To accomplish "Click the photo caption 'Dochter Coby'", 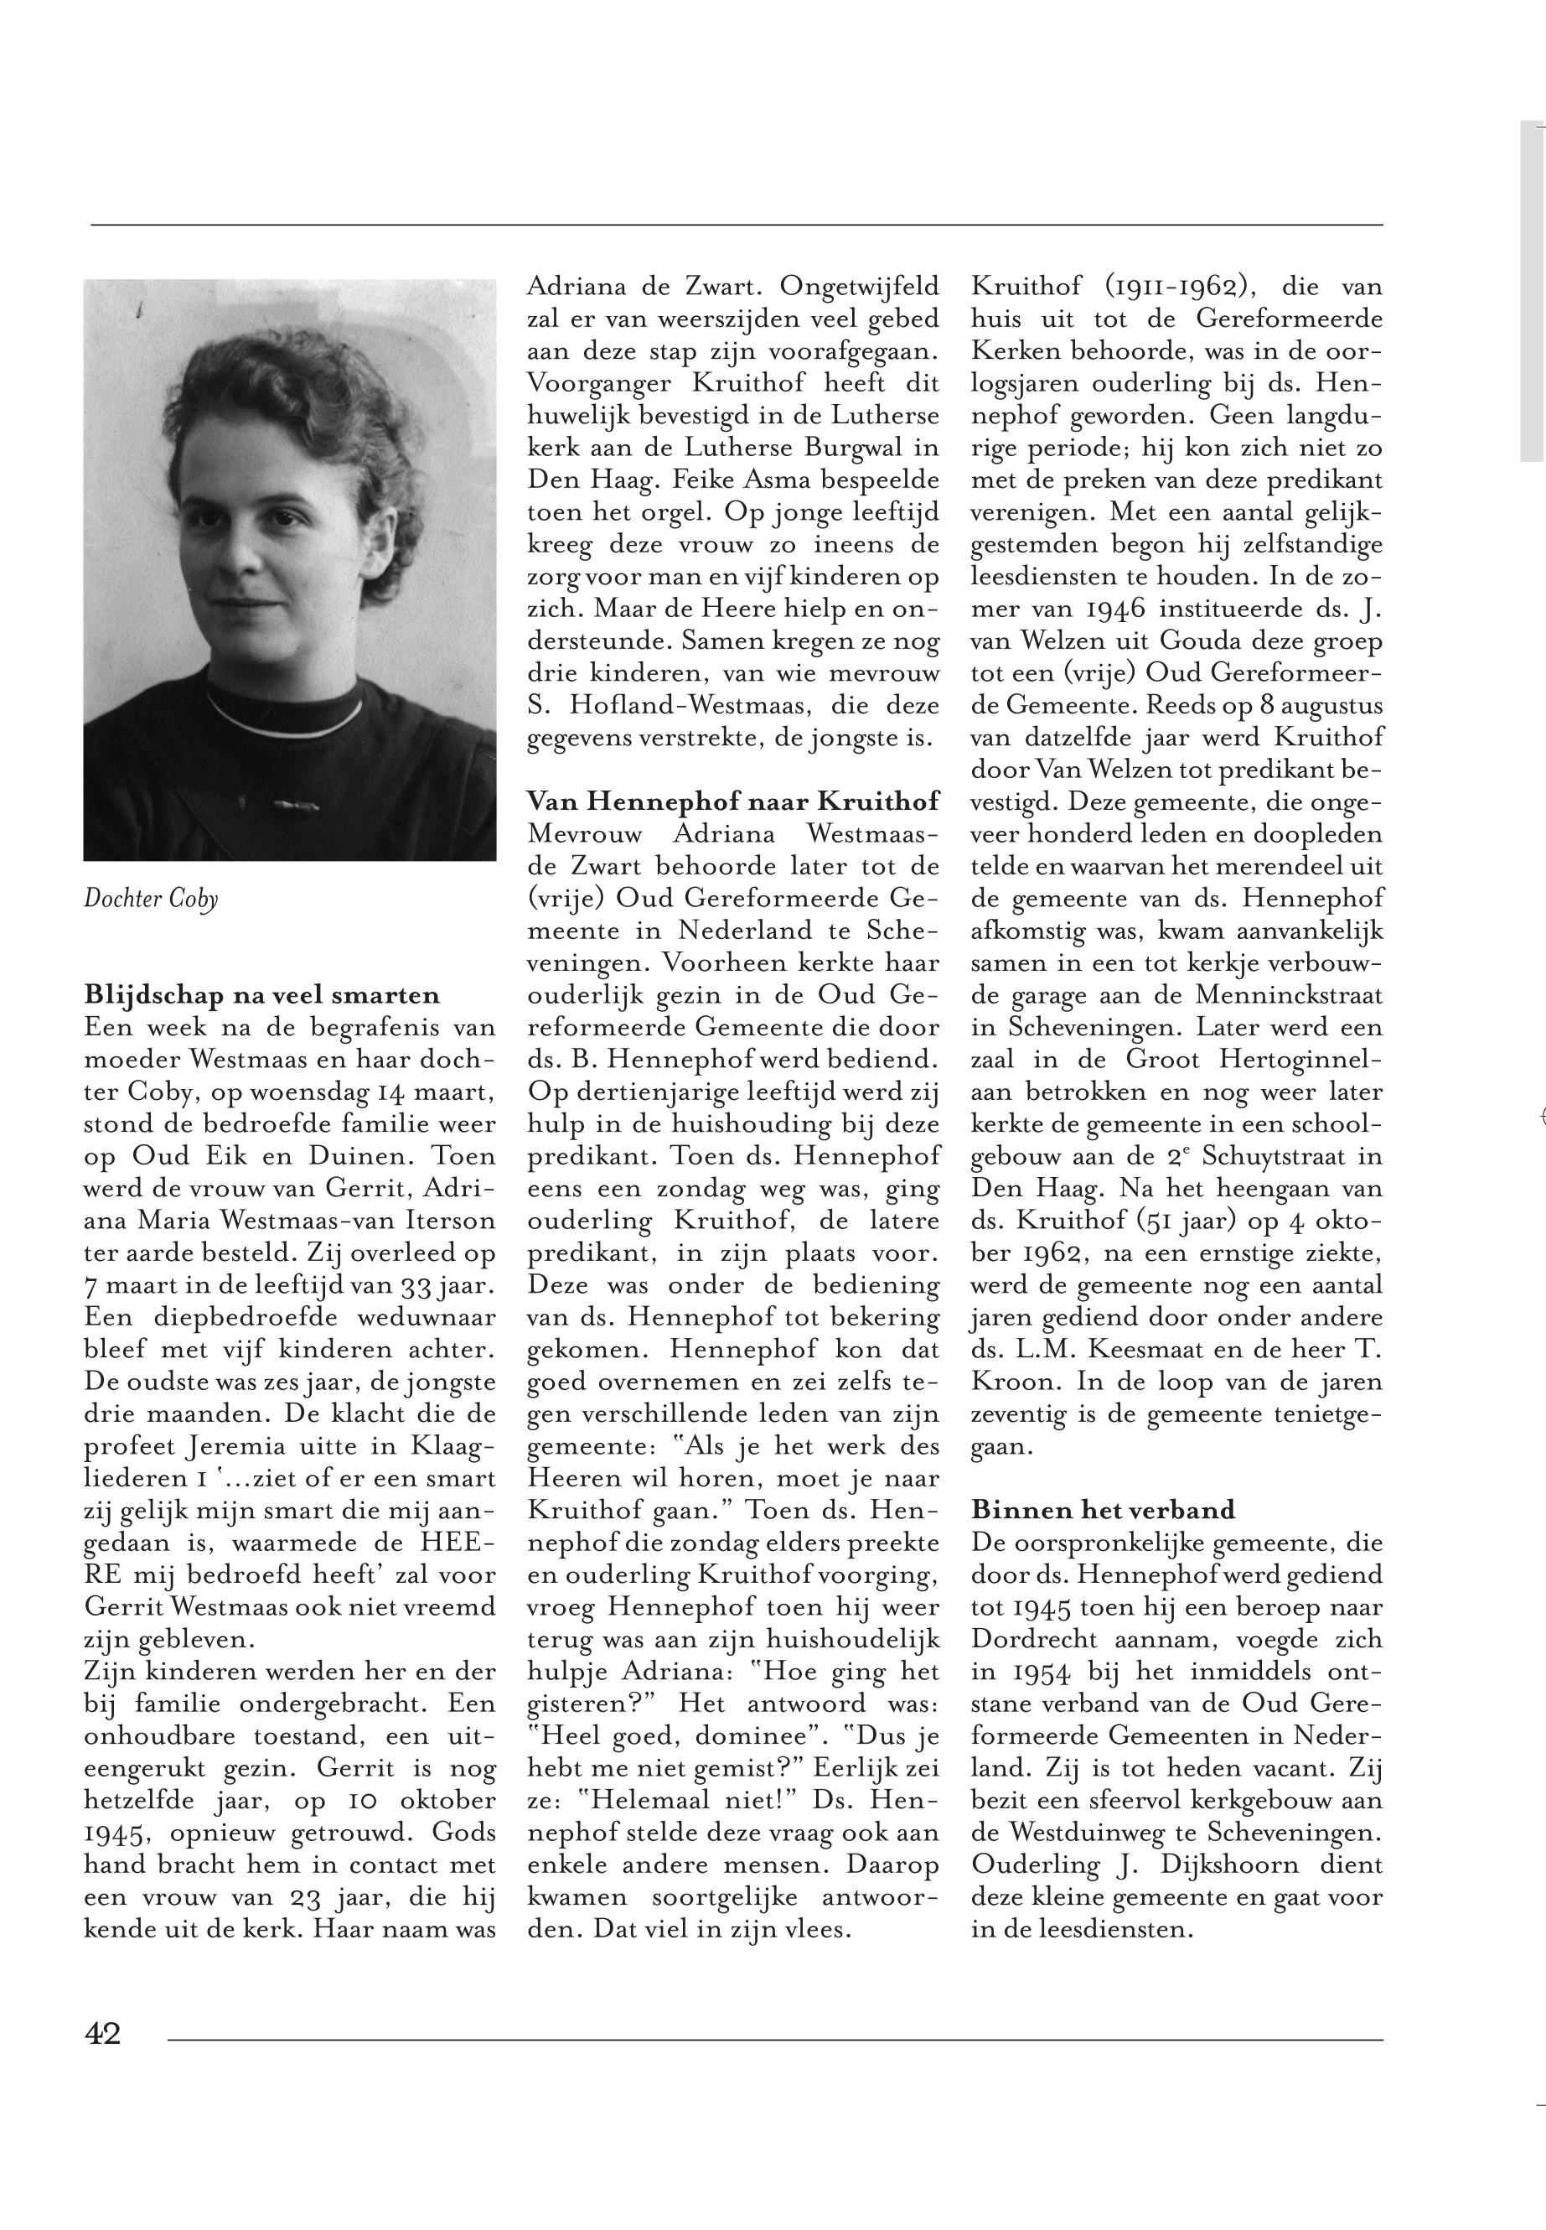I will click(150, 900).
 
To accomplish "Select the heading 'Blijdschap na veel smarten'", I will click(261, 994).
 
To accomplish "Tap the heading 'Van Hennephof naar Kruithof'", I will click(732, 801).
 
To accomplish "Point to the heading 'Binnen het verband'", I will click(1104, 1509).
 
